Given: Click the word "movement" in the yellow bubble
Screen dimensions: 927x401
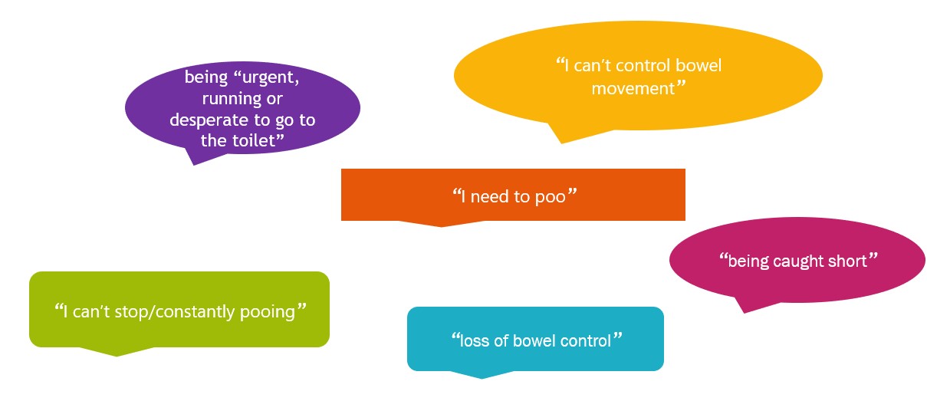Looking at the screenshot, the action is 633,89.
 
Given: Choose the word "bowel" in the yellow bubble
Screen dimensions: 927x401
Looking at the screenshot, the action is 699,65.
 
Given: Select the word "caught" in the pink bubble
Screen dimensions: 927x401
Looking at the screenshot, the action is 798,262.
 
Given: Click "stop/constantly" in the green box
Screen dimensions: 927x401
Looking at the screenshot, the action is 175,312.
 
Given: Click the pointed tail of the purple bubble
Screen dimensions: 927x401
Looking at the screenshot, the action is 194,165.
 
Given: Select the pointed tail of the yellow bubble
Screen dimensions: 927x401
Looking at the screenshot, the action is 561,143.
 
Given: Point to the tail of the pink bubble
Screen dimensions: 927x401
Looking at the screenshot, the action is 744,313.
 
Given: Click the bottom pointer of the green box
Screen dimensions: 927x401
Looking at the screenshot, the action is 117,356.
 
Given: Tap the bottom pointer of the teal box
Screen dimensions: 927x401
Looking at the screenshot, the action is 482,378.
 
